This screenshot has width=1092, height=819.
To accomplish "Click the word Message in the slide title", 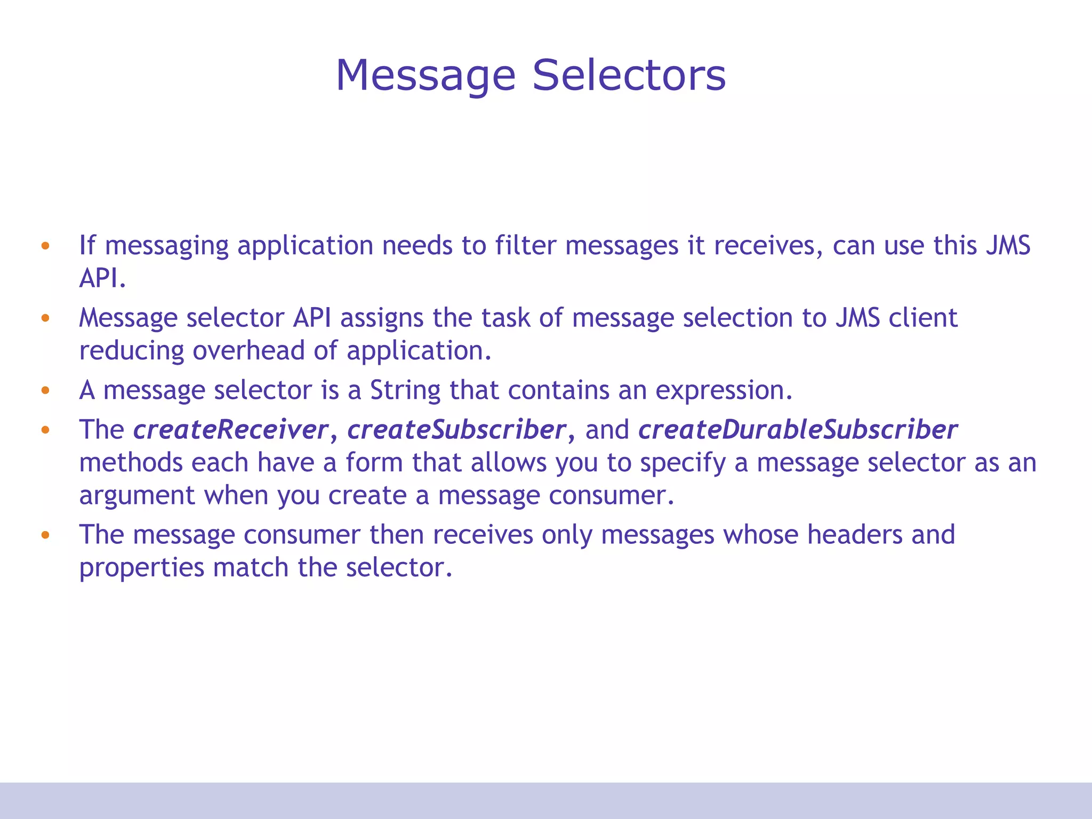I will (x=425, y=76).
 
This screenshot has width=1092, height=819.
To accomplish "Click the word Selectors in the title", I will (x=629, y=75).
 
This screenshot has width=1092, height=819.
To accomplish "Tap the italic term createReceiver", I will (x=230, y=429).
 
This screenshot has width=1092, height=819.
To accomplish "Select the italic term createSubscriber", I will (x=456, y=429).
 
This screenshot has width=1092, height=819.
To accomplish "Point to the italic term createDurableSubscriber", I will (x=798, y=429).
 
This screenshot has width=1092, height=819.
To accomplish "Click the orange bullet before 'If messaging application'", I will (x=45, y=246).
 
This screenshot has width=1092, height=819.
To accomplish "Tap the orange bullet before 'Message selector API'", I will (x=45, y=318).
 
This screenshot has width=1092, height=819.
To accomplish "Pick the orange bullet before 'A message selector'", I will (x=45, y=390).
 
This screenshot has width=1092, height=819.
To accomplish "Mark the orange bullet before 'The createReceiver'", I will (x=45, y=430).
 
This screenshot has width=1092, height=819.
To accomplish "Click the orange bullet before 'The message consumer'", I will (x=45, y=534).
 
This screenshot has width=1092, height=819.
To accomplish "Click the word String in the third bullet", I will (x=405, y=390).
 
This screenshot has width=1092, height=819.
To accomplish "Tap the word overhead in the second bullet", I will (x=249, y=350).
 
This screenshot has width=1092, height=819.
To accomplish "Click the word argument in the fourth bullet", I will (x=137, y=496).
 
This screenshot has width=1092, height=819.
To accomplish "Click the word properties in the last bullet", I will (x=141, y=568).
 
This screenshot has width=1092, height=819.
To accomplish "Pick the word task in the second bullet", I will (x=505, y=318).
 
